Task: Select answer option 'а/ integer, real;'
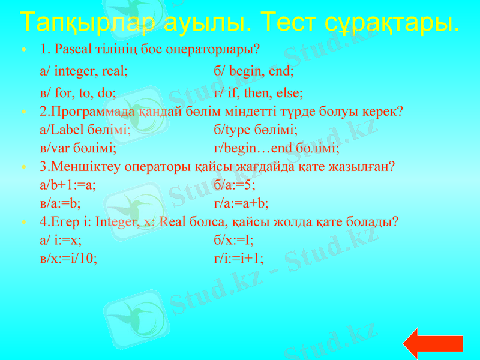[83, 71]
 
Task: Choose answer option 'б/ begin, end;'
[253, 71]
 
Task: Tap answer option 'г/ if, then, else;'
[258, 94]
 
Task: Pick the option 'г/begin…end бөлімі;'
[276, 148]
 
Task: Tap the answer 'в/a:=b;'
[60, 203]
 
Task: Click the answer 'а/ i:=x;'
[61, 240]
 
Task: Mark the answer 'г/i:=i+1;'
[238, 258]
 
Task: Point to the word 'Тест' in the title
[289, 22]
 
